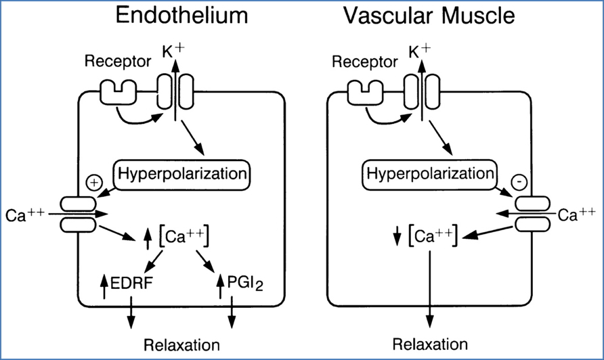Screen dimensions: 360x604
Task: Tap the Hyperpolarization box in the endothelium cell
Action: (181, 174)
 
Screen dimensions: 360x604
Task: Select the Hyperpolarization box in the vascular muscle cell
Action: (430, 174)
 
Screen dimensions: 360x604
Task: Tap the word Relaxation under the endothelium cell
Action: (181, 344)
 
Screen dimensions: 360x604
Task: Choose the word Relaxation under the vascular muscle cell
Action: (430, 344)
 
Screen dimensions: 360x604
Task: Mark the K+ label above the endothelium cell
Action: (173, 50)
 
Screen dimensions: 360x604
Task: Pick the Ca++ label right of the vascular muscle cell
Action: (577, 215)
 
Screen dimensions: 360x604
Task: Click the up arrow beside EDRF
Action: (104, 285)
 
